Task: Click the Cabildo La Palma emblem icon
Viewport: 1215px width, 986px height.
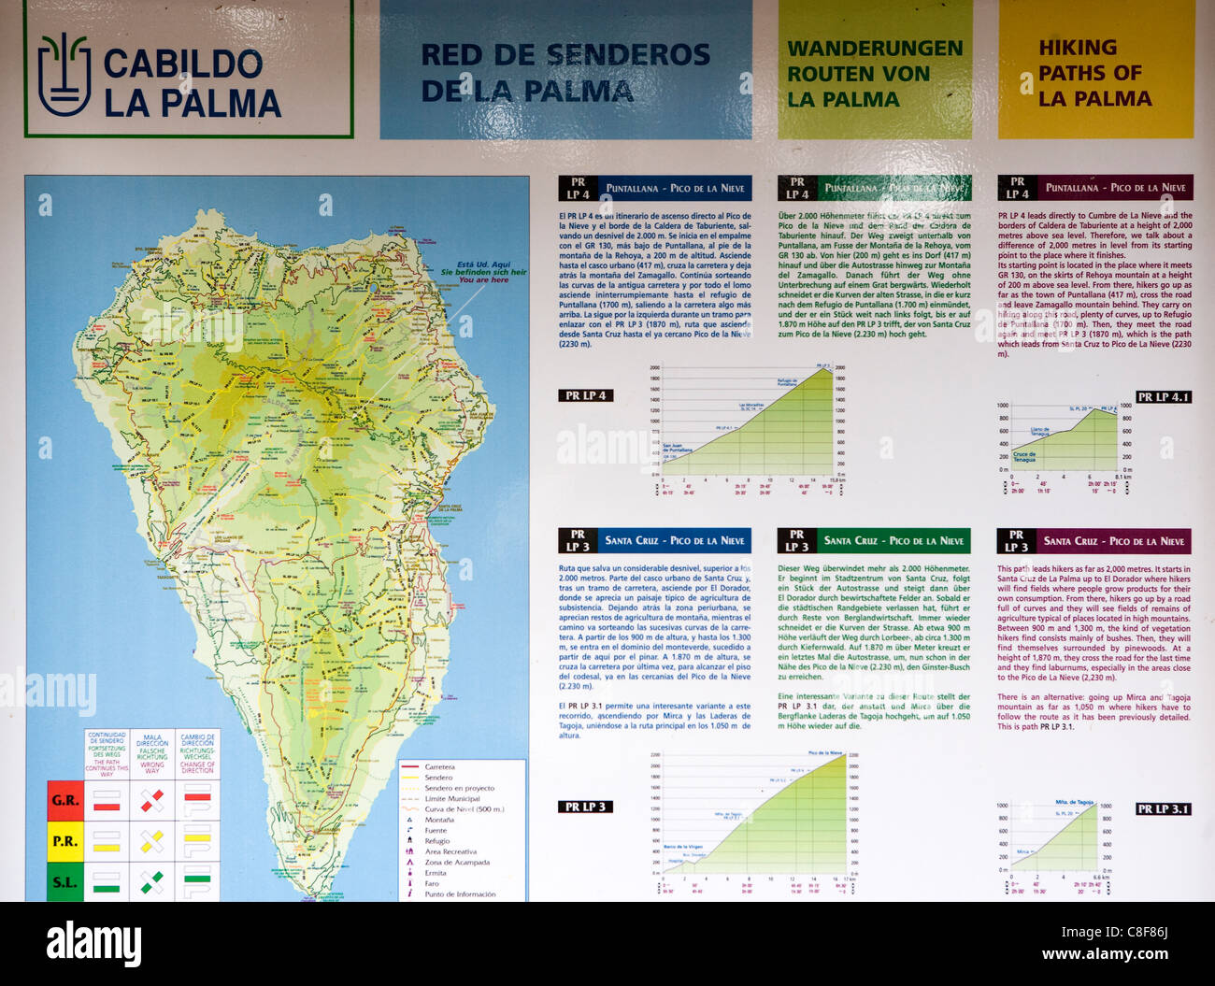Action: pyautogui.click(x=64, y=74)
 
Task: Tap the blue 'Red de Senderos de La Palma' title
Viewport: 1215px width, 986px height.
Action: pyautogui.click(x=565, y=72)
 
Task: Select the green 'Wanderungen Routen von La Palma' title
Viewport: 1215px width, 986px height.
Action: pyautogui.click(x=875, y=74)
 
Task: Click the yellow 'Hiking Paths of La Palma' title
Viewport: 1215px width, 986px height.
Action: pyautogui.click(x=1093, y=73)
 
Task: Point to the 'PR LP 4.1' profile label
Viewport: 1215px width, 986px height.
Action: pyautogui.click(x=1163, y=397)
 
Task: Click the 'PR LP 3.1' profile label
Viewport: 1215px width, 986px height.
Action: pyautogui.click(x=1163, y=808)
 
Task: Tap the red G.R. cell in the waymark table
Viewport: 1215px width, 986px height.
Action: pyautogui.click(x=65, y=801)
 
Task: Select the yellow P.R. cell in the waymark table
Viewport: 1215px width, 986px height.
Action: pyautogui.click(x=65, y=841)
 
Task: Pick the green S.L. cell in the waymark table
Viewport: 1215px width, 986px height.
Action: pyautogui.click(x=65, y=881)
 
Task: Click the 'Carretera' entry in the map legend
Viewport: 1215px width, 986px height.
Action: pyautogui.click(x=439, y=767)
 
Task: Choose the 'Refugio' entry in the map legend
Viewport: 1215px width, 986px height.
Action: pyautogui.click(x=436, y=841)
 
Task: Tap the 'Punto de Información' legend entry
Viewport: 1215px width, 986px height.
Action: pyautogui.click(x=459, y=894)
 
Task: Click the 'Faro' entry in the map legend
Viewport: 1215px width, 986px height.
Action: pyautogui.click(x=432, y=883)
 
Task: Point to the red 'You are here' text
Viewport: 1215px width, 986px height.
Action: pyautogui.click(x=486, y=279)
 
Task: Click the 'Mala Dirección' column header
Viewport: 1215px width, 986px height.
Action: pyautogui.click(x=152, y=753)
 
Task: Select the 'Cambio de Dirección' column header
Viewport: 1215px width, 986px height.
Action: pyautogui.click(x=197, y=753)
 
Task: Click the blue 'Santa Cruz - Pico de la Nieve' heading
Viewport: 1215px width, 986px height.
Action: pyautogui.click(x=674, y=540)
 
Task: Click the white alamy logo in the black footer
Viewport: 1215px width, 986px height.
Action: pyautogui.click(x=93, y=945)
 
